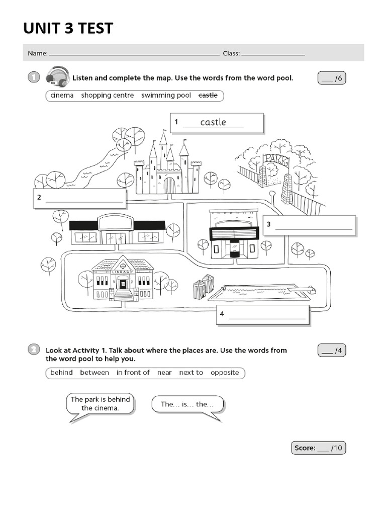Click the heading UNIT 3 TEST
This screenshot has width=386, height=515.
coord(68,28)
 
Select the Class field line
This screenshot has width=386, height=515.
coord(273,53)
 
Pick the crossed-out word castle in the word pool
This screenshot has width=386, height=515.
coord(208,95)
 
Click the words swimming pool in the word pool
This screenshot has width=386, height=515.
coord(166,95)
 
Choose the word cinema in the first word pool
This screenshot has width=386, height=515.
coord(62,95)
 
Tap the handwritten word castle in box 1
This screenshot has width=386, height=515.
coord(213,122)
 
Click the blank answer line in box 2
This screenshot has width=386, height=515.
coord(84,201)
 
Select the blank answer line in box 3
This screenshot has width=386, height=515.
coord(314,228)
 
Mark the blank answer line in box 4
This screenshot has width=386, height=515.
coord(267,318)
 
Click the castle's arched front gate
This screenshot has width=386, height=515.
coord(169,185)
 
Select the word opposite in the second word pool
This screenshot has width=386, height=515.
coord(225,373)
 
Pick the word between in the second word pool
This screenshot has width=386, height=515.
coord(94,373)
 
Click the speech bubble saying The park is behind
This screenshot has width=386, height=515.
coord(100,403)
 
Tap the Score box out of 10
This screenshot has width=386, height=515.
coord(318,448)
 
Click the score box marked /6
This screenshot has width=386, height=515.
coord(332,78)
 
